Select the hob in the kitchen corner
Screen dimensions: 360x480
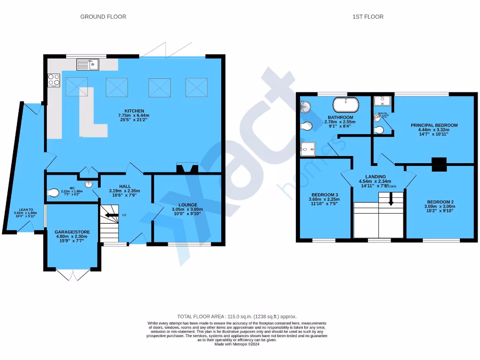point(53,80)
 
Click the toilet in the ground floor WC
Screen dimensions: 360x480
point(54,192)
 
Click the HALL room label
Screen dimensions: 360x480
point(125,187)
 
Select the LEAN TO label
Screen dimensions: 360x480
point(26,210)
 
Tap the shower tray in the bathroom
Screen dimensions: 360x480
point(307,149)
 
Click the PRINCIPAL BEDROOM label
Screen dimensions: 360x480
point(434,125)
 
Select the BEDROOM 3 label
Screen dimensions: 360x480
point(325,195)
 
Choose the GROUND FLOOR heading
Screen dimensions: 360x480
point(103,17)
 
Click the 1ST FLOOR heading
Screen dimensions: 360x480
point(368,17)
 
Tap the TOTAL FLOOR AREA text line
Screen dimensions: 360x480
point(237,316)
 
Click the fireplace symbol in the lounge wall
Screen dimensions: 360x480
point(187,168)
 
